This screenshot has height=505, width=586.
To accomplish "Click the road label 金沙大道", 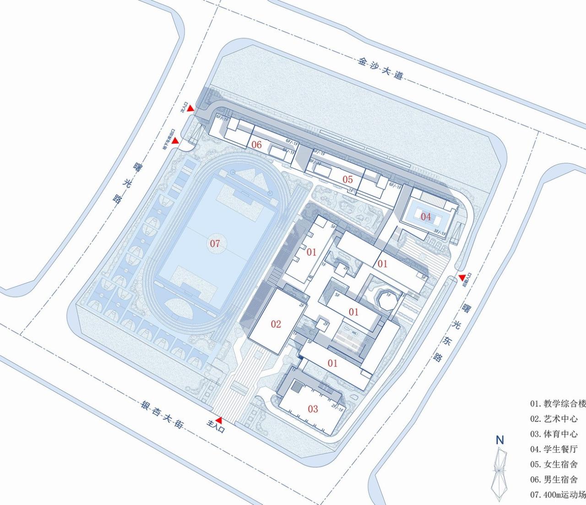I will pos(380,67).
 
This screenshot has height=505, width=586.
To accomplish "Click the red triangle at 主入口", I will pos(219,420).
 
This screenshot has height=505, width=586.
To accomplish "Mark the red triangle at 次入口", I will pos(190,109).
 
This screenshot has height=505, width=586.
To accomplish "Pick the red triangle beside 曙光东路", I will pos(462,277).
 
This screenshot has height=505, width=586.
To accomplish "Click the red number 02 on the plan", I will pos(276,324).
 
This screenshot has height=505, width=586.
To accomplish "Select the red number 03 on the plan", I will pos(313,408).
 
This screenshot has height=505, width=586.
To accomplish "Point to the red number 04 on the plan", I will pos(426,216).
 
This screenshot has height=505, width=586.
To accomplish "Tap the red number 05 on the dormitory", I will pos(348,179).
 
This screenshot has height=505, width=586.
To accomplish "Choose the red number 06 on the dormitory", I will pos(256,145).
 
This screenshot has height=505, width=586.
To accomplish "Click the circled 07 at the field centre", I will pos(215,243).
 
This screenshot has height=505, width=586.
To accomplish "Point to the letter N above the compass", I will pos(499,440).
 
